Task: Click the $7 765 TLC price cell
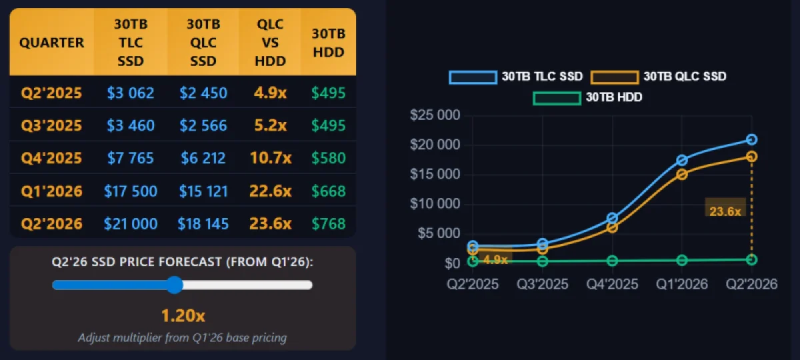tap(131, 158)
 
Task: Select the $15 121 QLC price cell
tap(203, 191)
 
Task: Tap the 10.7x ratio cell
tap(271, 158)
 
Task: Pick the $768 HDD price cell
tap(329, 223)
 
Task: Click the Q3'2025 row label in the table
tap(51, 125)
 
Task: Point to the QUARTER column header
tap(51, 43)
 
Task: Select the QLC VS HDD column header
tap(271, 43)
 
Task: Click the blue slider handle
tap(175, 285)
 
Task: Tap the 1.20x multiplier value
tap(183, 315)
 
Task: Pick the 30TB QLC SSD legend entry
tap(659, 77)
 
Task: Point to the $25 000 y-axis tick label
tap(435, 116)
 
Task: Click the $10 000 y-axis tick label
tap(435, 204)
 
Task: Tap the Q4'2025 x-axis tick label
tap(612, 284)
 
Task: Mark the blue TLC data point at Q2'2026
tap(751, 139)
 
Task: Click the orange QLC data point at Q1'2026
tap(681, 174)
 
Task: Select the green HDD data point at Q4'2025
tap(612, 261)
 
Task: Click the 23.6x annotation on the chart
tap(725, 211)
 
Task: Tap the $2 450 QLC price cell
tap(203, 93)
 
